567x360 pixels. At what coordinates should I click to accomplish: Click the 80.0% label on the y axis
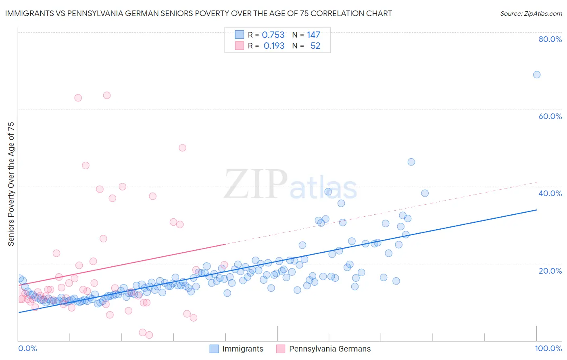(x=550, y=39)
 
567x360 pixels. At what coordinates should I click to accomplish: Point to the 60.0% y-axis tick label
(x=550, y=116)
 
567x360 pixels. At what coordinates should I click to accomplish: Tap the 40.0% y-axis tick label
(x=550, y=193)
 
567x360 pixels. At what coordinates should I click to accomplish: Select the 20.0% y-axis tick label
(x=550, y=270)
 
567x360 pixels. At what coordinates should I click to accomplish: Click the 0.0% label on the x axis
(x=27, y=348)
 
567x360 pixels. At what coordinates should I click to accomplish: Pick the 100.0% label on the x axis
(x=548, y=348)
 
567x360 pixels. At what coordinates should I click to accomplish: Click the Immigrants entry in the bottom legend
(x=242, y=349)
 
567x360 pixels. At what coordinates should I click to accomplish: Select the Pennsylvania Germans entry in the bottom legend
(x=329, y=349)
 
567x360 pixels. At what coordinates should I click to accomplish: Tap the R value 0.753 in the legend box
(x=273, y=35)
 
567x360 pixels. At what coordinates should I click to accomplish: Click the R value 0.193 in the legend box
(x=274, y=46)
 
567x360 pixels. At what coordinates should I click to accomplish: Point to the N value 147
(x=313, y=35)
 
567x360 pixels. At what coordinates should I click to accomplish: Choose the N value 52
(x=315, y=46)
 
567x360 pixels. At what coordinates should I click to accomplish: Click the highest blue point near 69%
(x=537, y=75)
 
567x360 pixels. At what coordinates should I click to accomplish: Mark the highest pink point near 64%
(x=107, y=95)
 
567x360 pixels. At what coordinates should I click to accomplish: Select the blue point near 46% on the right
(x=411, y=162)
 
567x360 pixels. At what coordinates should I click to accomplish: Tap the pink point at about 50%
(x=182, y=148)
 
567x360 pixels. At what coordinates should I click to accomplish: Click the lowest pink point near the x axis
(x=149, y=335)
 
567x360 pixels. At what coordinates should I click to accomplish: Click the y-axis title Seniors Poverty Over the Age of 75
(x=11, y=184)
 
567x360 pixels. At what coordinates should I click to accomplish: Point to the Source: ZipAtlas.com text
(x=531, y=14)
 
